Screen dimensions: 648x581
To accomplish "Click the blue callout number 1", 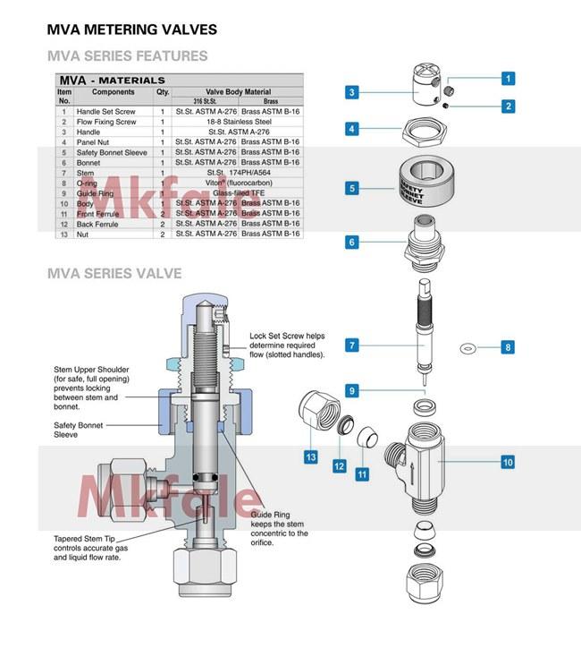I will [508, 79].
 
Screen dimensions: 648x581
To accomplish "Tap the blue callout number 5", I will [353, 188].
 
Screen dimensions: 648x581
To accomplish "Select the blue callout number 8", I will [507, 347].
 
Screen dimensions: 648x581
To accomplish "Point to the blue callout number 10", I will [507, 462].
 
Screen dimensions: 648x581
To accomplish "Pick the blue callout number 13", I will [310, 457].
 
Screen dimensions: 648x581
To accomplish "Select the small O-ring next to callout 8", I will [467, 347].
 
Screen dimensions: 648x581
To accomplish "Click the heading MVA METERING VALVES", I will [131, 30].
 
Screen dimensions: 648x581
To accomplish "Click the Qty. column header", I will [162, 92].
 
